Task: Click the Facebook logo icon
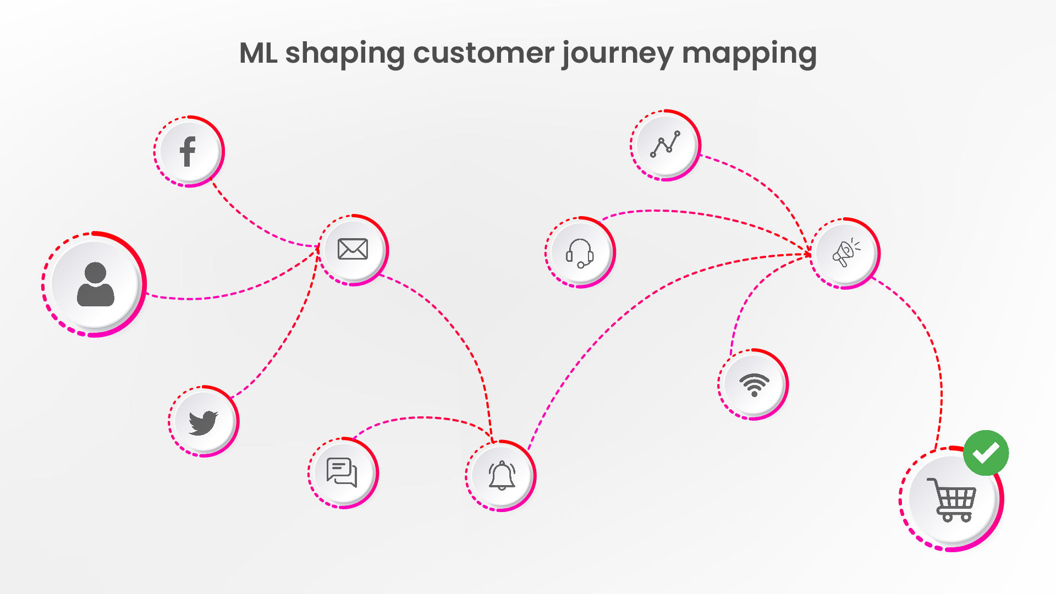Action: tap(188, 151)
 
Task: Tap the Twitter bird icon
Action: tap(203, 422)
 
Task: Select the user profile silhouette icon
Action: tap(96, 284)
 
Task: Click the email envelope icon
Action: tap(353, 249)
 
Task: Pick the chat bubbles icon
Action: tap(342, 472)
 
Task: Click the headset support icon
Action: tap(580, 252)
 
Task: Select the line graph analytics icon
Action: tap(665, 144)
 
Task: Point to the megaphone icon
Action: tap(846, 253)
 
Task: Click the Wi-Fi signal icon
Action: tap(754, 384)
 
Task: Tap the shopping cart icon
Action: tap(952, 499)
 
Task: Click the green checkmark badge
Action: tap(986, 453)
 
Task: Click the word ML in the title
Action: tap(258, 53)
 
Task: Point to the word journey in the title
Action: tap(618, 55)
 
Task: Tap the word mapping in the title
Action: tap(749, 55)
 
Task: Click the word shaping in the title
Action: tap(345, 55)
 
